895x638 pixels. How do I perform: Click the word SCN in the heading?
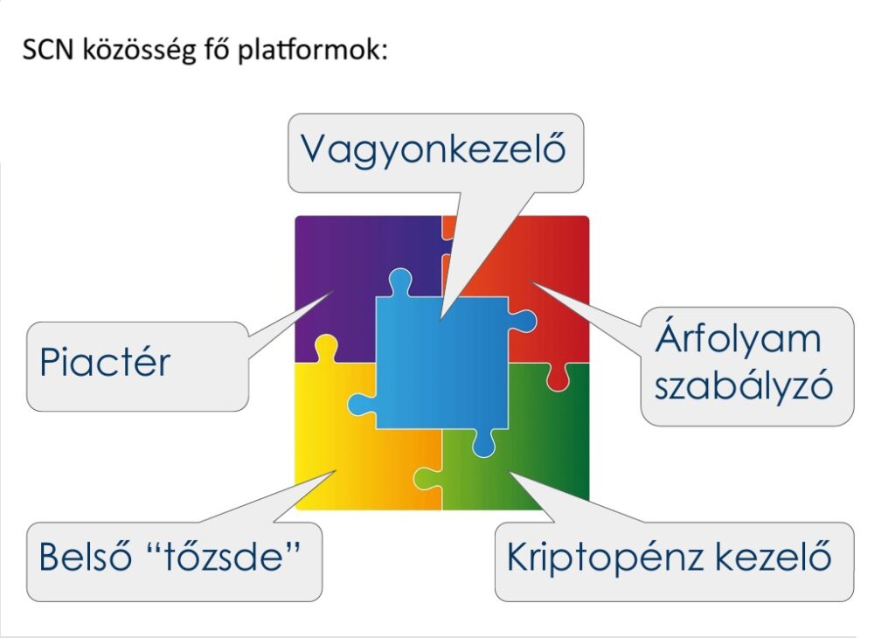coord(49,50)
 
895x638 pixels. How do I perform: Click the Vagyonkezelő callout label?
coord(434,149)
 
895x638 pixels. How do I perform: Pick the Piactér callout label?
coord(105,363)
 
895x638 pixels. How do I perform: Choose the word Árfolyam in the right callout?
coord(738,338)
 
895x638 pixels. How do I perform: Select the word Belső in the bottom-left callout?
coord(85,557)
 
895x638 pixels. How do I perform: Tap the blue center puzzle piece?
coord(441,363)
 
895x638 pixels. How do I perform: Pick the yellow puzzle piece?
coord(343,456)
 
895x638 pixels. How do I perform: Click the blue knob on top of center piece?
coord(399,282)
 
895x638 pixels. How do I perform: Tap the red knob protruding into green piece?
coord(558,378)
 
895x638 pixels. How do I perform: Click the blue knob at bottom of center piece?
coord(483,443)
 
